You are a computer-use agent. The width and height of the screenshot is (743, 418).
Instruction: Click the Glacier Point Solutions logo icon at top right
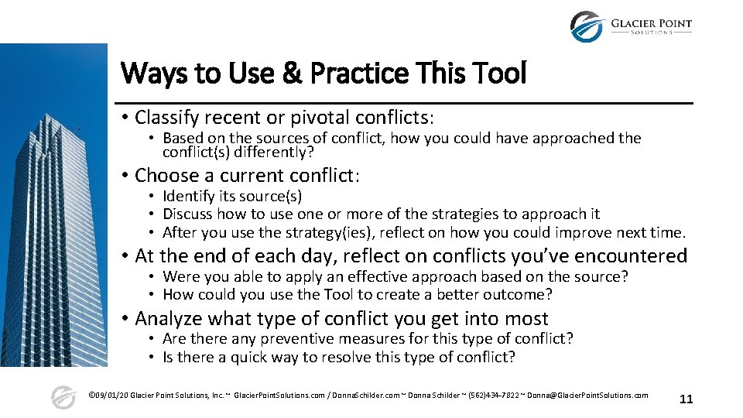pos(586,26)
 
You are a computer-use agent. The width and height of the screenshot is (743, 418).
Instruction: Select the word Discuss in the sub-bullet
pos(188,214)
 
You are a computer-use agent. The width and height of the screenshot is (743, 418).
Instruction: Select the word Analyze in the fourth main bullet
pos(167,318)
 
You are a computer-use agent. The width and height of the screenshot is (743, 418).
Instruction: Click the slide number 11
pos(686,399)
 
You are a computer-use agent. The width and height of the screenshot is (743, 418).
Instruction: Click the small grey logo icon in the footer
pos(63,397)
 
